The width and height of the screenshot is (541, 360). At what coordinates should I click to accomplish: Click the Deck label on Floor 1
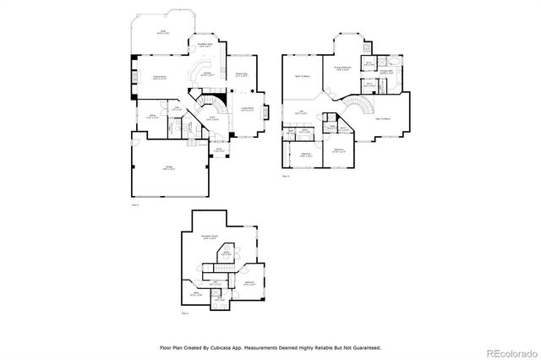coord(165,32)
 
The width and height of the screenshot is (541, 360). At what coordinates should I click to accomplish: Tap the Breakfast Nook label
coord(204,45)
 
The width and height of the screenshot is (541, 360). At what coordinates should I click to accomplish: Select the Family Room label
coord(158,78)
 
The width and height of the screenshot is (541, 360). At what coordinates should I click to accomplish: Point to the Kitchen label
coord(205,74)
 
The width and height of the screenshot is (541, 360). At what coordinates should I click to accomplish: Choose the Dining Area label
coord(241,74)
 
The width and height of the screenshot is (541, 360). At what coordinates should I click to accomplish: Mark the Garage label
coord(158,169)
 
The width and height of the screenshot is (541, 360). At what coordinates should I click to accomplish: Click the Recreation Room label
coord(210,237)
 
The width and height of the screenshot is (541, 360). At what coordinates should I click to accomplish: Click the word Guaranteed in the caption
coord(362,346)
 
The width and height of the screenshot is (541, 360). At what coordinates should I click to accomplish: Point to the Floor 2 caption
coord(286,177)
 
